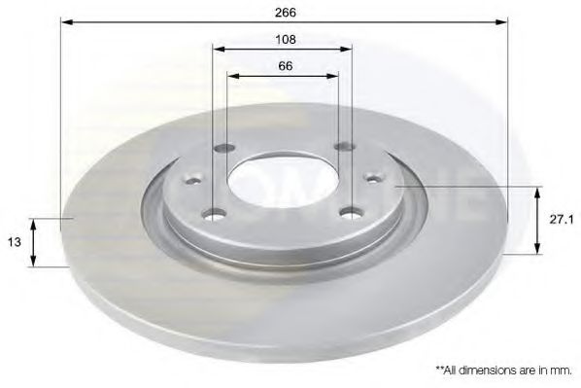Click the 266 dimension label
point(286,13)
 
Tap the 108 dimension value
point(286,39)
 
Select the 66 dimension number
point(286,66)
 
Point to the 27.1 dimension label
point(562,220)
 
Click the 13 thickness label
point(15,242)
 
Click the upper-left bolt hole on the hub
point(224,149)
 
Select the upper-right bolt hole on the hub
point(345,147)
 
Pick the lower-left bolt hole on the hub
point(215,214)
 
